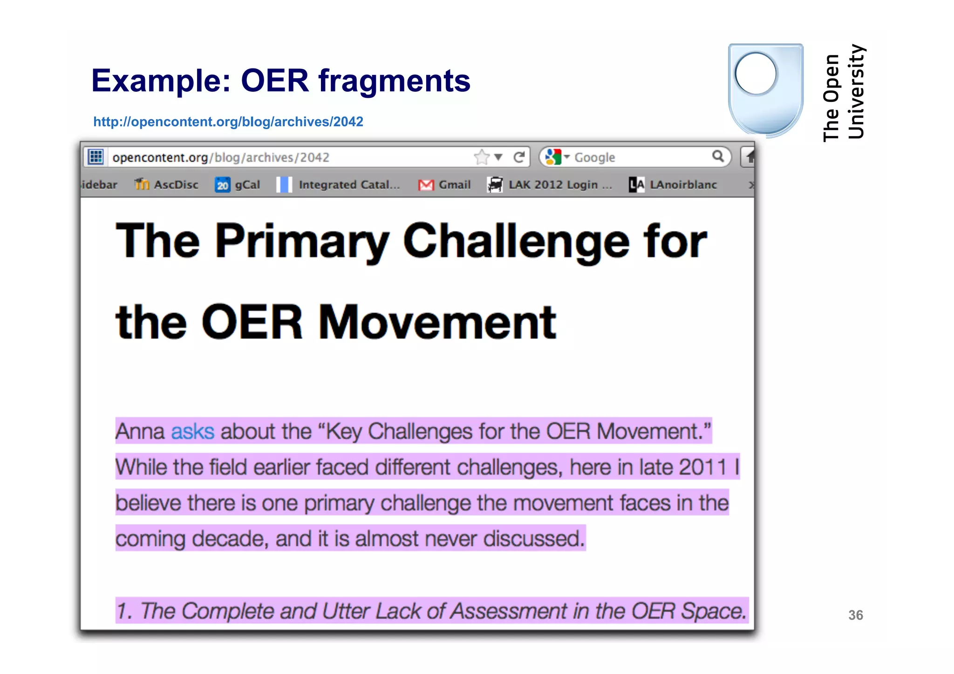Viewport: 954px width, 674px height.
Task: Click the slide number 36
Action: (x=855, y=615)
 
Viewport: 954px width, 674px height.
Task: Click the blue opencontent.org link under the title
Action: (x=228, y=122)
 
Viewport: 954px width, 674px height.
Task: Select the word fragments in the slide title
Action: (x=394, y=81)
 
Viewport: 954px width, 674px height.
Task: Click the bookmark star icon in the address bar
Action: (x=482, y=157)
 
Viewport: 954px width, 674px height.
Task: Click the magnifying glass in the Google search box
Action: (x=718, y=157)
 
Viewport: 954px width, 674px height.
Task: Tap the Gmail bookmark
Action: (x=445, y=185)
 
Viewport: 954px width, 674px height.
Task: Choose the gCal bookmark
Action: (x=238, y=185)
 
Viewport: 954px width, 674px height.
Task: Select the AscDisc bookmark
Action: (x=167, y=185)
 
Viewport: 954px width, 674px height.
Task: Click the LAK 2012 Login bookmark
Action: (x=550, y=185)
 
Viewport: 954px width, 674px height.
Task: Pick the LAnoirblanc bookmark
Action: (x=674, y=185)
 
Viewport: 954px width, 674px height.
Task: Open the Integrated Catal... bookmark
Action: (x=339, y=185)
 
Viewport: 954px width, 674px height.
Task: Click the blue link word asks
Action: (x=193, y=431)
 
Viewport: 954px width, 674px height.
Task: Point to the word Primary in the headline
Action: (x=302, y=242)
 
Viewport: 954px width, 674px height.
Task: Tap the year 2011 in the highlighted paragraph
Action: (x=703, y=467)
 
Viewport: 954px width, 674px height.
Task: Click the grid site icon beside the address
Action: (x=96, y=157)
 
